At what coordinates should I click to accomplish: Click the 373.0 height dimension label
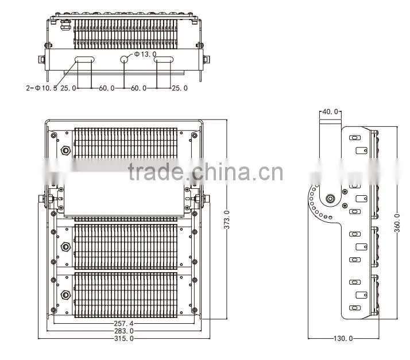click(x=227, y=219)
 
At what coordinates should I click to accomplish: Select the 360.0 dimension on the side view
click(x=397, y=223)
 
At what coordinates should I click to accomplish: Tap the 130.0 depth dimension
click(x=343, y=339)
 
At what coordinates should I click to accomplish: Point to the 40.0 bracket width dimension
click(x=330, y=112)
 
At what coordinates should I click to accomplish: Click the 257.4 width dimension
click(x=123, y=324)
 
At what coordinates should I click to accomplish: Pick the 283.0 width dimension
click(x=123, y=331)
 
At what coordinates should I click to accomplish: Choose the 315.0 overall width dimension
click(x=123, y=339)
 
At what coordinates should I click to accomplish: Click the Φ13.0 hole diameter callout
click(x=145, y=54)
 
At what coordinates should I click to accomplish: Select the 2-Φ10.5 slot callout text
click(x=41, y=88)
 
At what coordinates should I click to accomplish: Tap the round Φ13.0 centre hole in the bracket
click(x=124, y=59)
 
